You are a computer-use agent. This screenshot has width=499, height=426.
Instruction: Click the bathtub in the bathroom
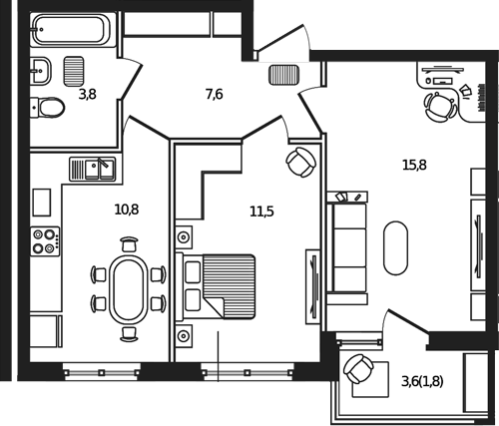(73, 30)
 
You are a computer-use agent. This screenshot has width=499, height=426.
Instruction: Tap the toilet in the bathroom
(47, 108)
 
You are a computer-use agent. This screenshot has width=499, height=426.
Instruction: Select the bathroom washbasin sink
(41, 71)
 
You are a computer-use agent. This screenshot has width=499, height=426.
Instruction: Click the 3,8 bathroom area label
(88, 95)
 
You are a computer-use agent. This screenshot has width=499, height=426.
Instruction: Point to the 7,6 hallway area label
(214, 95)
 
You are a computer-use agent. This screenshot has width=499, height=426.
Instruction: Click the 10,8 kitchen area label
(127, 210)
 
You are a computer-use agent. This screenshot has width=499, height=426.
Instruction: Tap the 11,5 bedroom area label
(261, 212)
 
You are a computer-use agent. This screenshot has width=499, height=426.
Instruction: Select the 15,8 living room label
(414, 165)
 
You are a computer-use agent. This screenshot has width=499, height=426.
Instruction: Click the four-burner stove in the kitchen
(45, 241)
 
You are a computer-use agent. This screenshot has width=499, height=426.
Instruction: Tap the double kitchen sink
(93, 170)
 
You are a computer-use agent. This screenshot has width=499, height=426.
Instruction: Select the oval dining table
(129, 289)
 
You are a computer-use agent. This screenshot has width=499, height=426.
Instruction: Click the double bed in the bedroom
(216, 286)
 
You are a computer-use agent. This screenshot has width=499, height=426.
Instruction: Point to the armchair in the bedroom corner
(301, 162)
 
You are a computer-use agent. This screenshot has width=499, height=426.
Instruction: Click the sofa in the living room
(347, 248)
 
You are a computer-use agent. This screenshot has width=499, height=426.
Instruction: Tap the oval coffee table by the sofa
(395, 248)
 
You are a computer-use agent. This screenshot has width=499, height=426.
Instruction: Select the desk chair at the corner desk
(440, 107)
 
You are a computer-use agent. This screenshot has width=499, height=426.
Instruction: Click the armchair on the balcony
(358, 369)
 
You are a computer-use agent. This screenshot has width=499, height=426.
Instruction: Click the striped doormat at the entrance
(283, 75)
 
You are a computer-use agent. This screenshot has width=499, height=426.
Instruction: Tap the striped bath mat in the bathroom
(74, 71)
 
